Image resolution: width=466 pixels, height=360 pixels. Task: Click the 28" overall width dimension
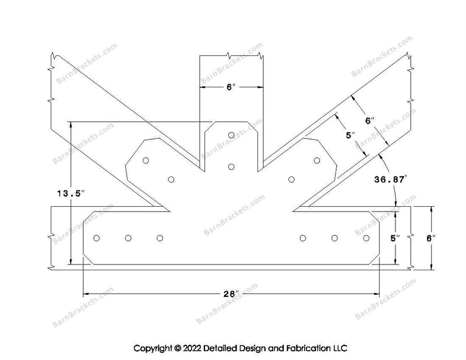point(231,294)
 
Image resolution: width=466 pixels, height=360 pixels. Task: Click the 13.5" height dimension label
point(70,194)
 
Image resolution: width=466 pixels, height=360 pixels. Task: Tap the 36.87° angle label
point(390,179)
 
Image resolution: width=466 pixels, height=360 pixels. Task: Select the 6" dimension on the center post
point(231,87)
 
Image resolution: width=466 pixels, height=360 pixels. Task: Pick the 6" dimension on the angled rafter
point(370,121)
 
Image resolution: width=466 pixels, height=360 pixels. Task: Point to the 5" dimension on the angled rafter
point(351,136)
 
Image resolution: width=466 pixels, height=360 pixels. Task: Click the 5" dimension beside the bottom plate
point(395,238)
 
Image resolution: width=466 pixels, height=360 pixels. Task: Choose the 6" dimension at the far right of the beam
point(431,238)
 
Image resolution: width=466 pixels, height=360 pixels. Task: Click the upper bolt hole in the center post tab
point(231,135)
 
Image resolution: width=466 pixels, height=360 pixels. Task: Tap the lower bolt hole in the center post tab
point(231,167)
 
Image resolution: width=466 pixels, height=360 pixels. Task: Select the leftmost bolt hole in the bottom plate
point(97,238)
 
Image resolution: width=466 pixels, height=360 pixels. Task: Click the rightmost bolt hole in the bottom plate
point(366,238)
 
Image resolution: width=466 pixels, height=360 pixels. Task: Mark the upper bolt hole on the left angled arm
point(146,161)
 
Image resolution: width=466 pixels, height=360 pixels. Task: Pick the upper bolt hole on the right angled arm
point(317,161)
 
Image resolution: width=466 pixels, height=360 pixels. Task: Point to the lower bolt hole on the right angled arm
point(292,179)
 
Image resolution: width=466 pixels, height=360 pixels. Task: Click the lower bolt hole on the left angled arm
point(171,179)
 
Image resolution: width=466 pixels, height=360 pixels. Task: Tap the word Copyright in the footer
point(153,348)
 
